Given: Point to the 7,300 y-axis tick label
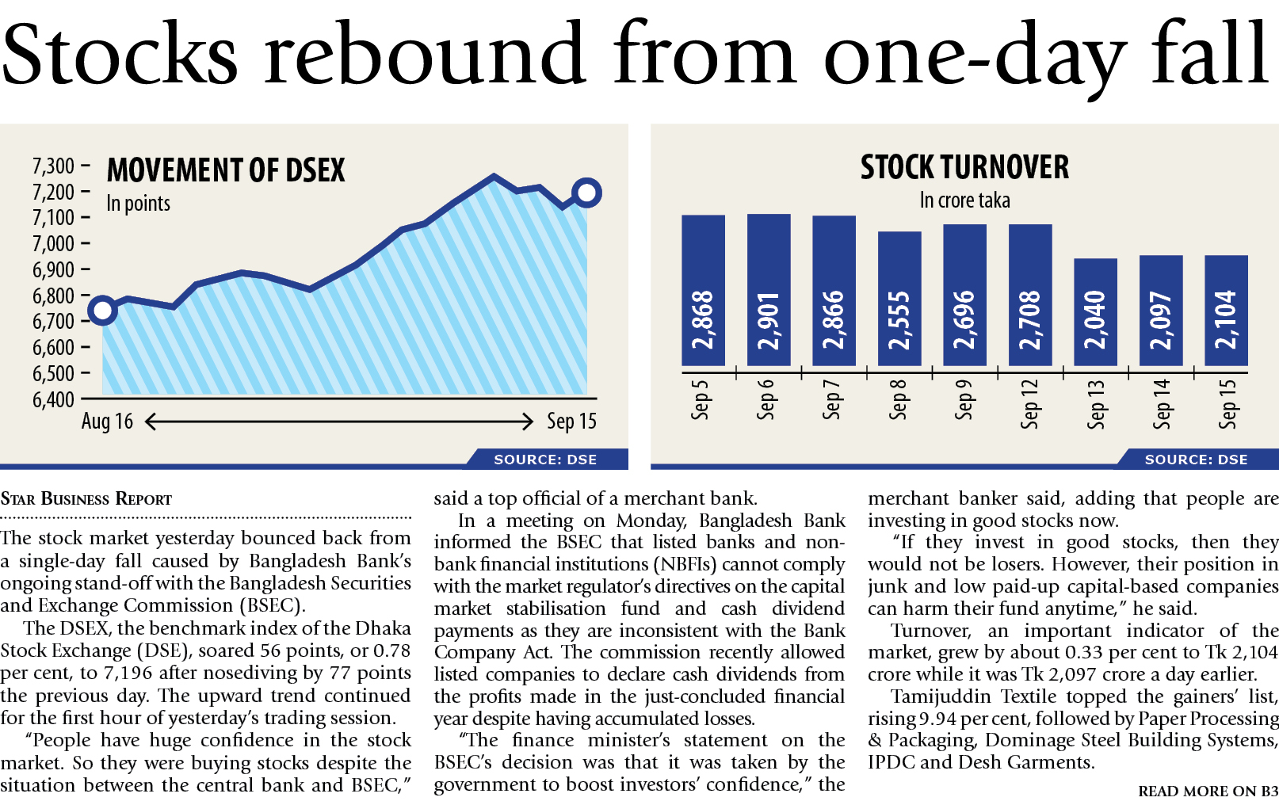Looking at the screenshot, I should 53,166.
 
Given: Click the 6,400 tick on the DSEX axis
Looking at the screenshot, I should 53,399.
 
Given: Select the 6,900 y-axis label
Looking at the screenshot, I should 53,270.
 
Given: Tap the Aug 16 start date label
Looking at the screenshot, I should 107,422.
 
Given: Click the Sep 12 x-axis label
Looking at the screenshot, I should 1029,404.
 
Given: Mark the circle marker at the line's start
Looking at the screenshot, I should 102,310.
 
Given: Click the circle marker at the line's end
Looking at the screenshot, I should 586,193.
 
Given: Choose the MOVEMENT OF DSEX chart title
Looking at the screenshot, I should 226,170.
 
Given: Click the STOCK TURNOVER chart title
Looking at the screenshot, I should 964,167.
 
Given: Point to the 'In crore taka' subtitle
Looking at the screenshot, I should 964,200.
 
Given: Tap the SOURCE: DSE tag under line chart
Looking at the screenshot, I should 545,460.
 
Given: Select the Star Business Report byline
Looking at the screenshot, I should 86,499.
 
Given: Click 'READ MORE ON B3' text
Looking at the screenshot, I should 1208,791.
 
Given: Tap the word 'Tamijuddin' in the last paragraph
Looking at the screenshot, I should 941,696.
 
